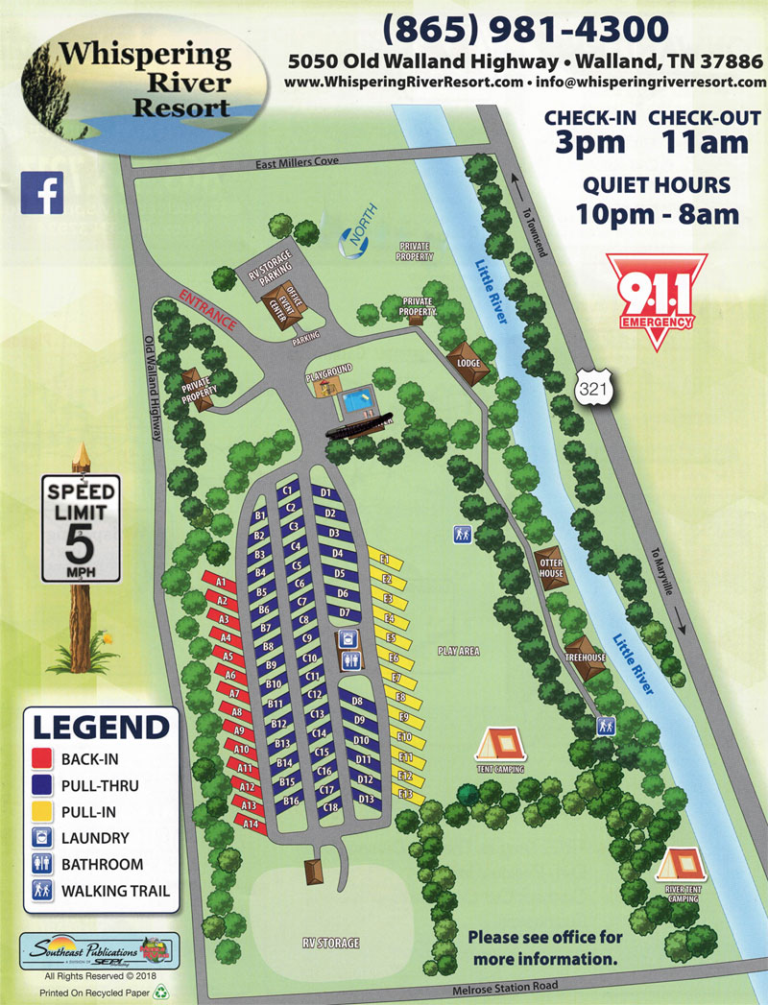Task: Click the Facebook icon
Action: pos(42,192)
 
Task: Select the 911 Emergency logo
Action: pos(657,294)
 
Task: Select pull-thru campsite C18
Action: pos(331,807)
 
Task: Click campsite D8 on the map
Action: pos(356,703)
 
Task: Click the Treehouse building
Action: pos(585,655)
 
